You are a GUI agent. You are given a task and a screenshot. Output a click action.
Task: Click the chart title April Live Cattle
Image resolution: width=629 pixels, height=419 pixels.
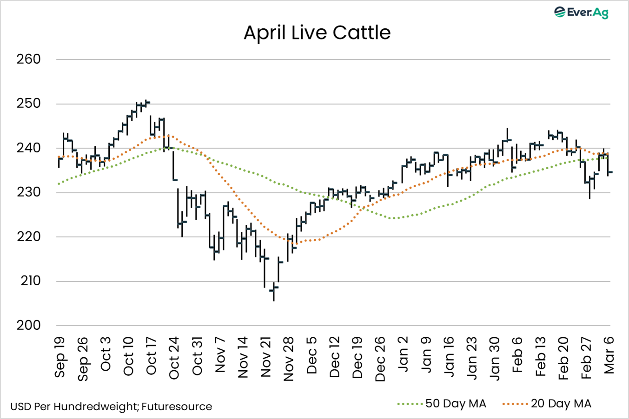[317, 33]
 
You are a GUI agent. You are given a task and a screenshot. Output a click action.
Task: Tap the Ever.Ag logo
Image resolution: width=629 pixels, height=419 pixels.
[581, 12]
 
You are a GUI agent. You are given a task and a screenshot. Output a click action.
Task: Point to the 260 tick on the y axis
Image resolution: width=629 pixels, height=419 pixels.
[28, 59]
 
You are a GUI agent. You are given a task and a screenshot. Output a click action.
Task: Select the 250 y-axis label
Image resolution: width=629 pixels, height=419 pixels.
[28, 104]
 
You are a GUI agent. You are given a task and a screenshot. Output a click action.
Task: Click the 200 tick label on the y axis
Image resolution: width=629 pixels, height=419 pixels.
[28, 325]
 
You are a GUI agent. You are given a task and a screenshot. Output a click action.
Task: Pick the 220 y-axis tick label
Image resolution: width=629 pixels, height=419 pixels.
[28, 236]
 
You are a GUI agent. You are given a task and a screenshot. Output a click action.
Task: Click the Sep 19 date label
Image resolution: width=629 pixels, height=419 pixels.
[60, 356]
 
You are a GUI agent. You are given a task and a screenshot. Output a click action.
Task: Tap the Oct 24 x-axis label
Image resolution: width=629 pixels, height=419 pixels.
[174, 358]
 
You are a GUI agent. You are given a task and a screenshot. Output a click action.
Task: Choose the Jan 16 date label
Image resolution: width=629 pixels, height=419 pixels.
[449, 357]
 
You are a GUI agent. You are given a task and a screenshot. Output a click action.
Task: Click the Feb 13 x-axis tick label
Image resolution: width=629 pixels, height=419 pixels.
[540, 357]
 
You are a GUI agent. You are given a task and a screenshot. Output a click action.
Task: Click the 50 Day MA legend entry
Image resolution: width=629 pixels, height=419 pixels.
[442, 404]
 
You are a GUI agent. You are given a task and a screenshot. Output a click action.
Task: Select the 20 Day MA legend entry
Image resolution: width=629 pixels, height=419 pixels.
[547, 404]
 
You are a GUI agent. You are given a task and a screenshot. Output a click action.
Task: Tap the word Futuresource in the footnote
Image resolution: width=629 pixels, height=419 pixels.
[177, 407]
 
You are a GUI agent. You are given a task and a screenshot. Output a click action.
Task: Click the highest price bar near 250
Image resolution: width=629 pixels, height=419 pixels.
[147, 102]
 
